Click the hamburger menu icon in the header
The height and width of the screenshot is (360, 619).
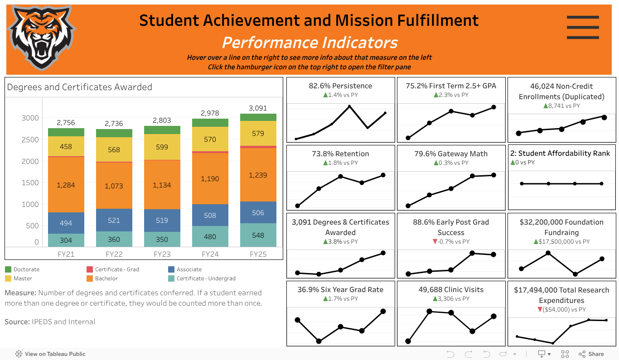pyautogui.click(x=583, y=27)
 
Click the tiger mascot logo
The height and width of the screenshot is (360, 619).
pyautogui.click(x=41, y=37)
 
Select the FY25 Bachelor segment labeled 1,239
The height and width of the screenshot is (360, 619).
pyautogui.click(x=258, y=175)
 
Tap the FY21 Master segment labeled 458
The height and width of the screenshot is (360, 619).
pyautogui.click(x=66, y=146)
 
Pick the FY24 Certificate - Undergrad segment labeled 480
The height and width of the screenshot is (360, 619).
pyautogui.click(x=210, y=236)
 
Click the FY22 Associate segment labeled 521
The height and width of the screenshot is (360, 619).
pyautogui.click(x=114, y=220)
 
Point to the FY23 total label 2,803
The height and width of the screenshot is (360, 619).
pyautogui.click(x=162, y=120)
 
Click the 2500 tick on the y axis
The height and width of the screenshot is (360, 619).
pyautogui.click(x=31, y=139)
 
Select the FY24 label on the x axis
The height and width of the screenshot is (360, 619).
pyautogui.click(x=210, y=254)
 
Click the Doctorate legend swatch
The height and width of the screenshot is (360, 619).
pyautogui.click(x=8, y=269)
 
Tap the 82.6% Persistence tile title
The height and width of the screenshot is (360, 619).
pyautogui.click(x=340, y=86)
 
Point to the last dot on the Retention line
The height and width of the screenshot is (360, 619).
pyautogui.click(x=383, y=175)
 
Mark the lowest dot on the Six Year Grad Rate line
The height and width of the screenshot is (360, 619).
pyautogui.click(x=319, y=341)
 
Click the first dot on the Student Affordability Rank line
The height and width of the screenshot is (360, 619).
pyautogui.click(x=522, y=183)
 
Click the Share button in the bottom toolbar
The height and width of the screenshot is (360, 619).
pyautogui.click(x=591, y=354)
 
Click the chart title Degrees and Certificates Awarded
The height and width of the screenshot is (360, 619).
pyautogui.click(x=80, y=87)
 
